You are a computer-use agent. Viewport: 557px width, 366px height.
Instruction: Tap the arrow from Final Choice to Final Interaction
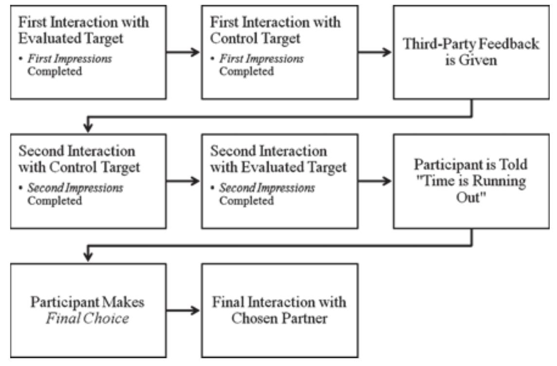(182, 310)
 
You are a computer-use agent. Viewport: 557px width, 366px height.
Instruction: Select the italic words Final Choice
(88, 318)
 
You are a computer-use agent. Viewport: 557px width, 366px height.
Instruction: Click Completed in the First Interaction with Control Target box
(246, 71)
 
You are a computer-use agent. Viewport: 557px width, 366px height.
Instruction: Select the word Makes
(125, 302)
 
